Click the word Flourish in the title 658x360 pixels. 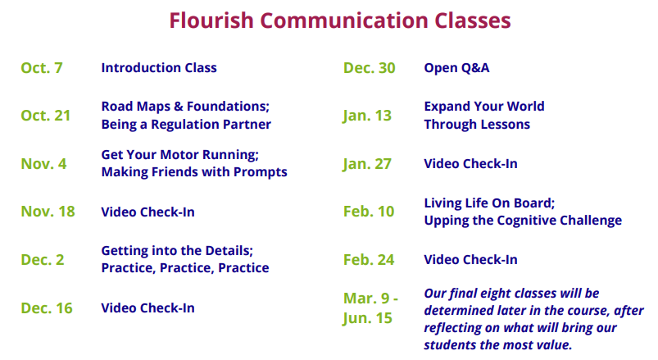211,21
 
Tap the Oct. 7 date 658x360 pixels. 42,67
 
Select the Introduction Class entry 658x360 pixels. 159,67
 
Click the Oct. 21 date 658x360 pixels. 46,116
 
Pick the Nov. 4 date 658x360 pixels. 43,164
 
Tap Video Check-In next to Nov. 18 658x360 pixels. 148,212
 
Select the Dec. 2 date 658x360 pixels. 43,260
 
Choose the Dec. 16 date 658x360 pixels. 47,308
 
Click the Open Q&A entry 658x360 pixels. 456,68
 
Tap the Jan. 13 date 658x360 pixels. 367,116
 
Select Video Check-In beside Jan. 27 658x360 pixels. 471,163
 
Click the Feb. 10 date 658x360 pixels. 369,212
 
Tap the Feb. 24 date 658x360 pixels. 369,260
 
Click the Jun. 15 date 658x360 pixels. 367,318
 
